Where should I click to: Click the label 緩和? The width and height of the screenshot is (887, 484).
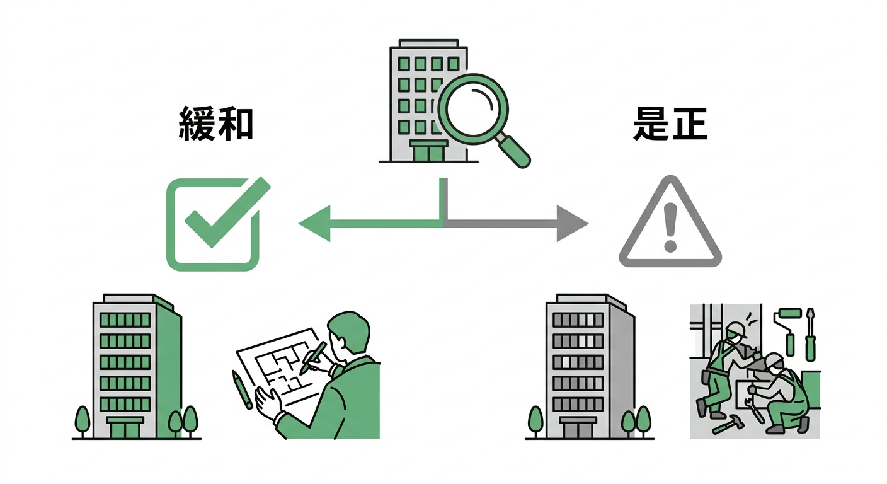(x=216, y=124)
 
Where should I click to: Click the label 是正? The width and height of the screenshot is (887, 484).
(x=670, y=124)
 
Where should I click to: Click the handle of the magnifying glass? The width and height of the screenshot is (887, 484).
(x=515, y=152)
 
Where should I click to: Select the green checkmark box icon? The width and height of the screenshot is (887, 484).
(x=213, y=225)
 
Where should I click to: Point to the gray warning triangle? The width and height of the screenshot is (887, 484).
(x=670, y=225)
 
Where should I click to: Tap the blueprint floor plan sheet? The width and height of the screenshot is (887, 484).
(x=280, y=362)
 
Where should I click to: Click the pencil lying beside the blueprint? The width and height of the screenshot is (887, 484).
(x=242, y=389)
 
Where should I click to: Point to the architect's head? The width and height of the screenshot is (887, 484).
(x=350, y=334)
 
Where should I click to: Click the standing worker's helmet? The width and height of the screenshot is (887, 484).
(x=735, y=330)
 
